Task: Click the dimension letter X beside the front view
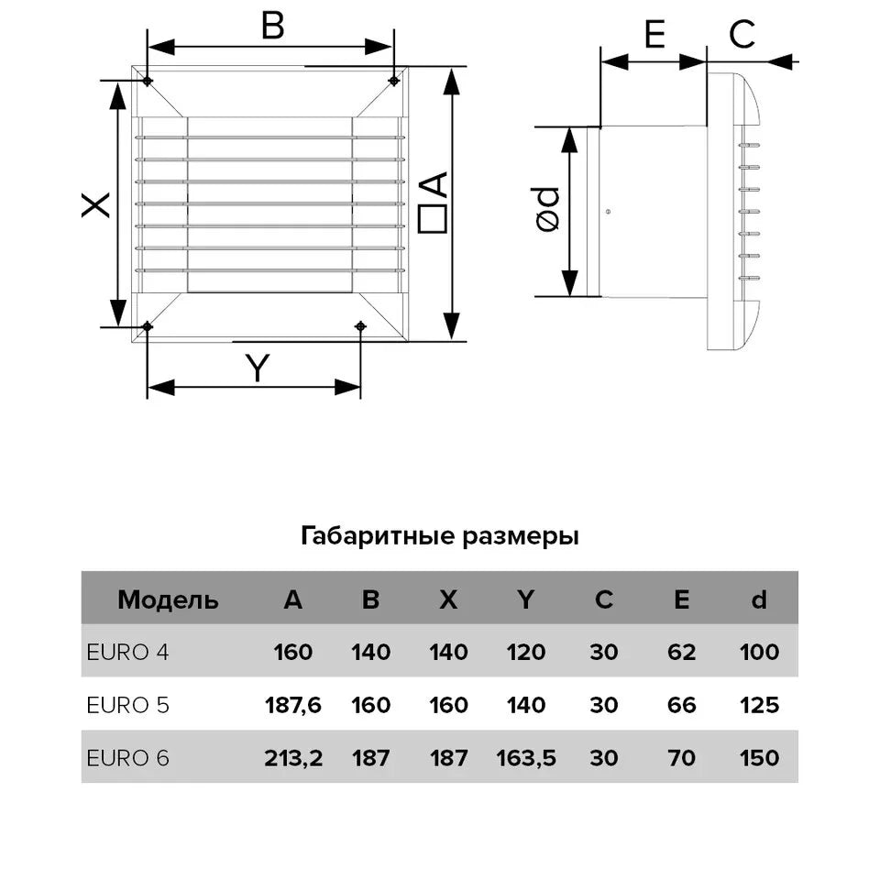(96, 203)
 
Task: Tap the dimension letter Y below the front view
(259, 368)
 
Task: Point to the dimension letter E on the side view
(654, 35)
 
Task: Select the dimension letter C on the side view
(742, 35)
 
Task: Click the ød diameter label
(547, 209)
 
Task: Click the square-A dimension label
(433, 202)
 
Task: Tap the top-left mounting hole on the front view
(148, 82)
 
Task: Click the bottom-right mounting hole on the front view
(360, 326)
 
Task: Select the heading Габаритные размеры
(439, 536)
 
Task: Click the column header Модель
(168, 600)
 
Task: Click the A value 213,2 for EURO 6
(292, 758)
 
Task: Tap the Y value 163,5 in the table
(526, 758)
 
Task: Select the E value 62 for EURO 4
(681, 653)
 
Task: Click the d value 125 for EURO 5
(758, 705)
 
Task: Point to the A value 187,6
(292, 705)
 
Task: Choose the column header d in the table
(758, 600)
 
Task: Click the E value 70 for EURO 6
(681, 758)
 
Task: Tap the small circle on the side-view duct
(610, 212)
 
